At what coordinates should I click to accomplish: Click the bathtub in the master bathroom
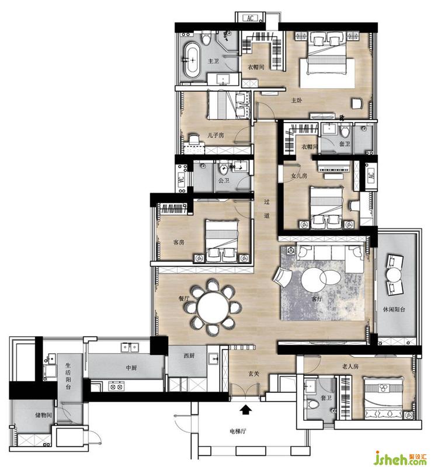pos(193,60)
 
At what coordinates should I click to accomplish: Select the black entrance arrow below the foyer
pos(245,409)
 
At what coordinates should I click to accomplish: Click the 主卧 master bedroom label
pos(297,100)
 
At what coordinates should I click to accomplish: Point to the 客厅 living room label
pos(317,299)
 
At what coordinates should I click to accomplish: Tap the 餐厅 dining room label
pos(183,298)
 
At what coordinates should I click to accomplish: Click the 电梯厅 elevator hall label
pos(238,431)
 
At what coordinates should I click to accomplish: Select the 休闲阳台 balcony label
pos(394,309)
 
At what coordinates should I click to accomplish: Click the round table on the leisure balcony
pos(394,274)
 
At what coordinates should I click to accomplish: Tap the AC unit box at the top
pos(250,18)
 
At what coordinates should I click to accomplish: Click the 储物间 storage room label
pos(44,414)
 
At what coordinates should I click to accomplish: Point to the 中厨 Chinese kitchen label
pos(131,368)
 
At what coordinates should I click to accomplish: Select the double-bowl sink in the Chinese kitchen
pos(130,347)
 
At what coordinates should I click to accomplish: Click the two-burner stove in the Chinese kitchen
pos(116,386)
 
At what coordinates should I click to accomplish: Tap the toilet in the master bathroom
pos(206,38)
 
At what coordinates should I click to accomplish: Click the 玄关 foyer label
pos(253,374)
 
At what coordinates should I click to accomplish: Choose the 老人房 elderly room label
pos(350,367)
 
